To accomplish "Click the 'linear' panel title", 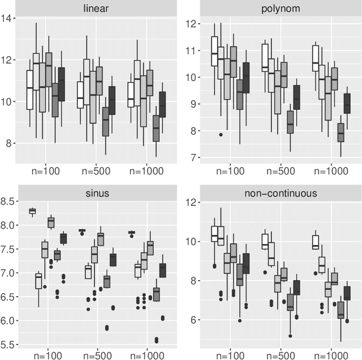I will (x=96, y=7).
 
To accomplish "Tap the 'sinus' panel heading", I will (x=96, y=192).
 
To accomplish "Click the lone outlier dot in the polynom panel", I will (x=221, y=135).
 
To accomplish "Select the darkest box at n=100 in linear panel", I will (x=62, y=84).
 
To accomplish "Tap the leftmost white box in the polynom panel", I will (x=214, y=52).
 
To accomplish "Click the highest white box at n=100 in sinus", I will (x=32, y=211).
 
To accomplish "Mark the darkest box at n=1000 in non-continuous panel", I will (x=348, y=293).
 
